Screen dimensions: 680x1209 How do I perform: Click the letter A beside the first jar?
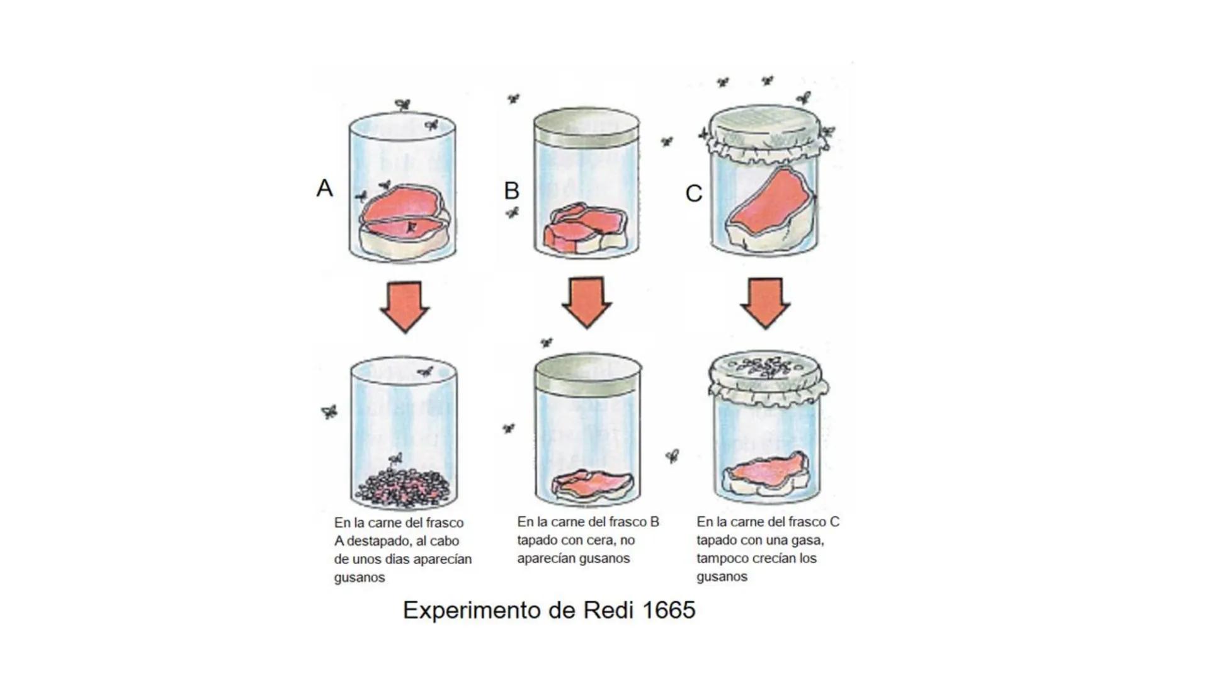(x=324, y=188)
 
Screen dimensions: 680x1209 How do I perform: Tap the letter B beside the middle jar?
(x=511, y=190)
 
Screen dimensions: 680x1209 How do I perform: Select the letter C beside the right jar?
(x=693, y=193)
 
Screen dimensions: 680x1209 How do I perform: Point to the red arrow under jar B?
(x=586, y=303)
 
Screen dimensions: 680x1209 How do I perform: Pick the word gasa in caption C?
(x=808, y=540)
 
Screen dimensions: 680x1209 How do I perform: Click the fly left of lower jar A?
(x=329, y=412)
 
